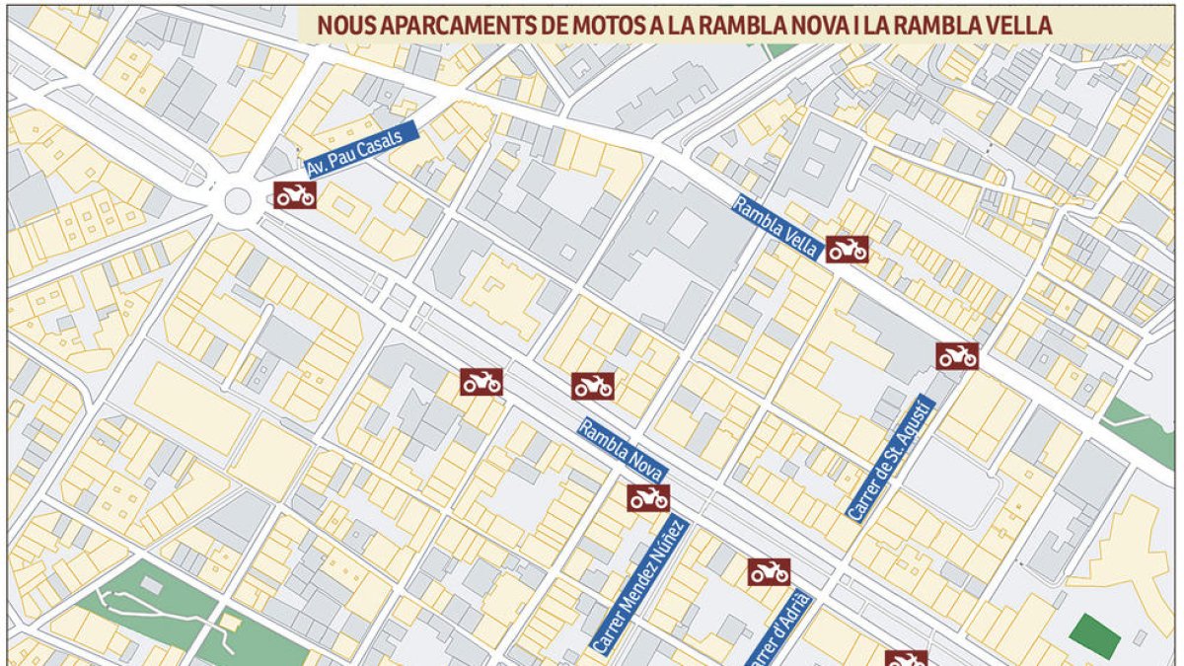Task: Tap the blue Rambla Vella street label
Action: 776,227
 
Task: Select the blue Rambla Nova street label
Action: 623,452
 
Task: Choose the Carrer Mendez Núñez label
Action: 638,587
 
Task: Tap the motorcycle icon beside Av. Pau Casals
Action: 295,195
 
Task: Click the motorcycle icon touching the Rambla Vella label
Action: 847,250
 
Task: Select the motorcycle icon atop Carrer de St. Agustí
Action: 957,356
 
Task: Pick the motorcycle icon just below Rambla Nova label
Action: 648,498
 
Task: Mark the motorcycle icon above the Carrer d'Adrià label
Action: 769,571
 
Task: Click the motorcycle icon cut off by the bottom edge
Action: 905,658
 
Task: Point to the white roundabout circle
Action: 238,200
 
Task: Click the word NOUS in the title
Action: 345,26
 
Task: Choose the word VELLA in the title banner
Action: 1016,26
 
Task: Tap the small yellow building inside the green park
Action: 231,624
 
